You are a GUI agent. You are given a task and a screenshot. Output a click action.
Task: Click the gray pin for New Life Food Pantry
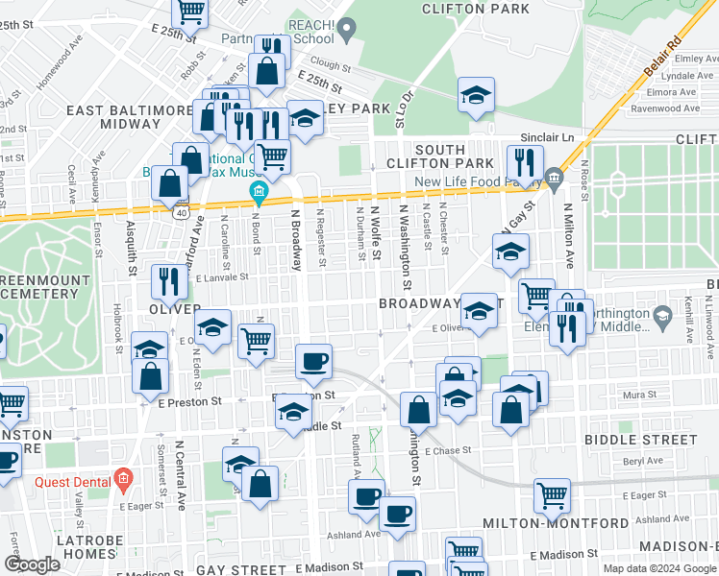[x=553, y=176]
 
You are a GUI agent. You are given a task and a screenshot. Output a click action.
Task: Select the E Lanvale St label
[x=222, y=276]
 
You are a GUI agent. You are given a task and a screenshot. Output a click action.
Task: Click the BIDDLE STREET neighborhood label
[x=640, y=440]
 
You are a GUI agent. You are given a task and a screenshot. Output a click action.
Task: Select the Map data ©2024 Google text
[x=658, y=568]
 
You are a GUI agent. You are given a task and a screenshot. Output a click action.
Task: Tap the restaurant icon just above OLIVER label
[x=168, y=282]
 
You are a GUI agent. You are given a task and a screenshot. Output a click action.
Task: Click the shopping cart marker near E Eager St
[x=552, y=496]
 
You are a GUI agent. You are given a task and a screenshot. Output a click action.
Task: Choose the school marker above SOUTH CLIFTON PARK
[x=475, y=95]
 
